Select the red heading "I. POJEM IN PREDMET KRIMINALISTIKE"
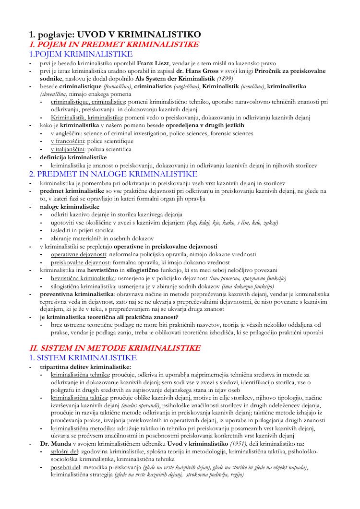tap(114, 44)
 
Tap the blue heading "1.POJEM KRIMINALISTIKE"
tap(81, 54)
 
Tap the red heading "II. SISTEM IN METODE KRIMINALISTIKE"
tap(115, 348)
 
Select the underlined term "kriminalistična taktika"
tap(79, 398)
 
